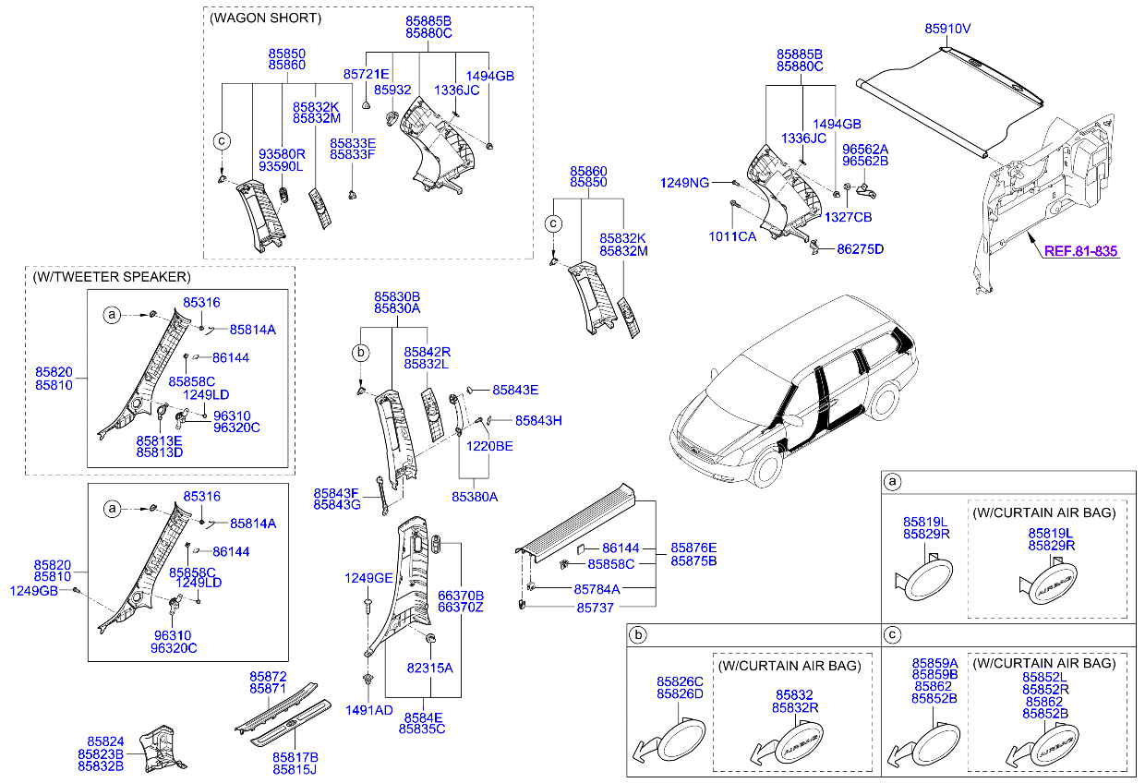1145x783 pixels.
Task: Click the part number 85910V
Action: click(947, 29)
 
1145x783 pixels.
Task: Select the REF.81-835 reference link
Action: click(1080, 251)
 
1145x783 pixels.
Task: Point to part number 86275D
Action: click(860, 249)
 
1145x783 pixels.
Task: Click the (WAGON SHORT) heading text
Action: click(266, 18)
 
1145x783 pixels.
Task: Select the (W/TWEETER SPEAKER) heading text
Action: click(111, 277)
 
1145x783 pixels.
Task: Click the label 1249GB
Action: click(33, 590)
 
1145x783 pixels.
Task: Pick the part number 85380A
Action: click(475, 497)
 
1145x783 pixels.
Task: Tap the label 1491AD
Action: click(368, 709)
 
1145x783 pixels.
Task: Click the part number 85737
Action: click(596, 608)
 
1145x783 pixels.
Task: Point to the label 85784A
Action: click(597, 588)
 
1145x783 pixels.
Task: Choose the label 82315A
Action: click(430, 667)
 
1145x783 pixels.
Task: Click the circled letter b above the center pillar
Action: click(362, 353)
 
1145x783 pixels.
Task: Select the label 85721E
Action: click(366, 73)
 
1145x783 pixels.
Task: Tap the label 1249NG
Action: click(684, 184)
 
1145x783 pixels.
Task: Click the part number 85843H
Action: click(538, 420)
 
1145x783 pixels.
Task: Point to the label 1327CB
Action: click(848, 217)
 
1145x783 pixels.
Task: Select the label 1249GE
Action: click(368, 578)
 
